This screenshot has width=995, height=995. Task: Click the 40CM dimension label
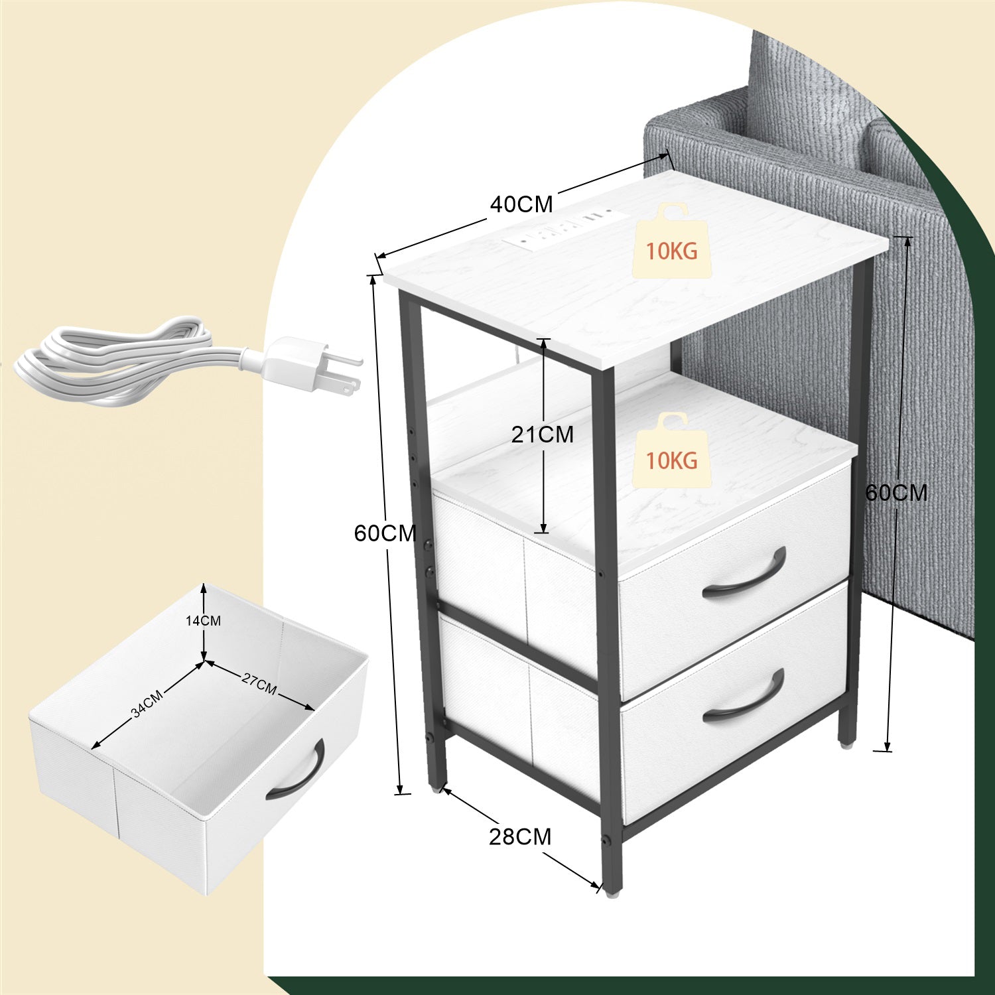click(x=521, y=204)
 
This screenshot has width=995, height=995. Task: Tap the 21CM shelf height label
click(x=542, y=434)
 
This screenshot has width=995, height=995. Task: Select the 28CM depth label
click(x=520, y=837)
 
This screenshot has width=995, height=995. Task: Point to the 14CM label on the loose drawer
click(x=203, y=621)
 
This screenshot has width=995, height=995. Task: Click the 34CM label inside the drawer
click(x=147, y=704)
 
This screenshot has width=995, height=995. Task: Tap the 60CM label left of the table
click(x=385, y=533)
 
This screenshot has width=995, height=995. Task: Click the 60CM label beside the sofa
click(x=896, y=493)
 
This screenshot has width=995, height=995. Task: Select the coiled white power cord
click(x=119, y=360)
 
